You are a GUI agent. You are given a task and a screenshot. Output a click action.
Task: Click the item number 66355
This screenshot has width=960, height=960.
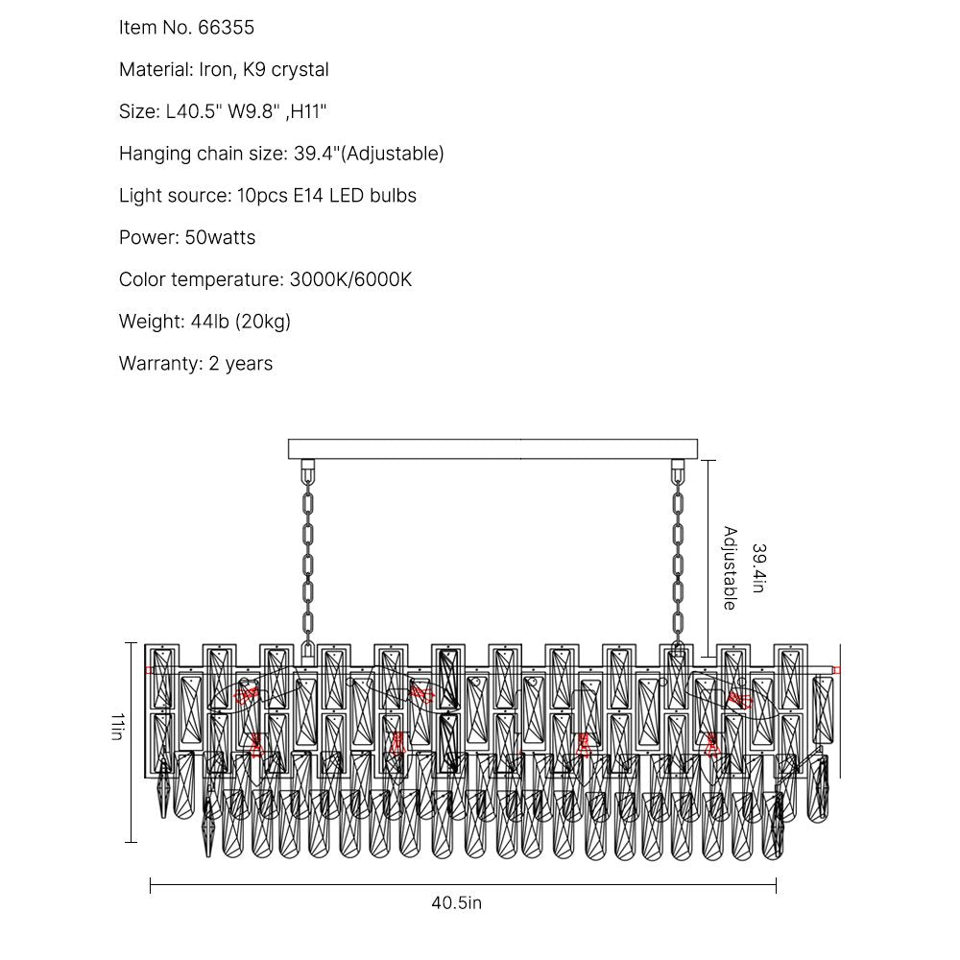226,28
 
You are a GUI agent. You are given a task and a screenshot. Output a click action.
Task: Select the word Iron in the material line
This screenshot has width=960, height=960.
218,70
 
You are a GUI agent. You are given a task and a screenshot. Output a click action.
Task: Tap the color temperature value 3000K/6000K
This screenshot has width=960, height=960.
350,280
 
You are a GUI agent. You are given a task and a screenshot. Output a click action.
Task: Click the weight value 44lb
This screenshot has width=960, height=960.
204,322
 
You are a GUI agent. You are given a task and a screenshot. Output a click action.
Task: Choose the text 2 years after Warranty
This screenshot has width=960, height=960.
241,364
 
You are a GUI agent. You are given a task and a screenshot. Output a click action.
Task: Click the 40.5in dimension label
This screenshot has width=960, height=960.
456,902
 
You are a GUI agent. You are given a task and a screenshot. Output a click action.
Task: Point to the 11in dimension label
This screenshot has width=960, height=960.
116,726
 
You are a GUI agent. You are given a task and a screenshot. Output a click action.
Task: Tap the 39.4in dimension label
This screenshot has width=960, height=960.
758,568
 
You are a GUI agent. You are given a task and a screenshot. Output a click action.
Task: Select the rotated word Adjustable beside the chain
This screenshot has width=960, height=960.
730,568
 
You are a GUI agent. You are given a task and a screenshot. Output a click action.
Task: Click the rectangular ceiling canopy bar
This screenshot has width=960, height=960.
493,449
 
